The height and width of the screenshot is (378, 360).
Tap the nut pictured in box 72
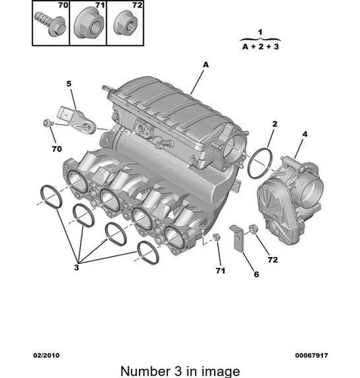(x=124, y=23)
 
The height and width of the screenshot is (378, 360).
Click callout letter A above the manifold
(x=206, y=65)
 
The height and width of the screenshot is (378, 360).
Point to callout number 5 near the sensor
(x=69, y=83)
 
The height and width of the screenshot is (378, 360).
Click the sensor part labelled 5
(x=76, y=119)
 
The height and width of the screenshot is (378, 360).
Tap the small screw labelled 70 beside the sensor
(x=48, y=123)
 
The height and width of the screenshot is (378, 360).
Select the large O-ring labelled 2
(x=260, y=163)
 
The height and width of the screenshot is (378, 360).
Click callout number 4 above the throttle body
(x=305, y=134)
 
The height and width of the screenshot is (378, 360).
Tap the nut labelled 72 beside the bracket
(x=253, y=229)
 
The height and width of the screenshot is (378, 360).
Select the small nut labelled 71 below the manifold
(x=216, y=237)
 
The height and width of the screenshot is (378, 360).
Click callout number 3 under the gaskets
(x=76, y=268)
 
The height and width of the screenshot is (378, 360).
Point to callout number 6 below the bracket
(x=256, y=274)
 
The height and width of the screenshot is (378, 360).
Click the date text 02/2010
(x=46, y=355)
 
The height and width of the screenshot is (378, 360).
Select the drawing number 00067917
(x=312, y=355)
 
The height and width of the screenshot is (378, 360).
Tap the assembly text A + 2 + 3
(x=260, y=47)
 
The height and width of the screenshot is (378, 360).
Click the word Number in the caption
(x=145, y=371)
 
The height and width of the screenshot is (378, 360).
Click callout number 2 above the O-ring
(x=275, y=124)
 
